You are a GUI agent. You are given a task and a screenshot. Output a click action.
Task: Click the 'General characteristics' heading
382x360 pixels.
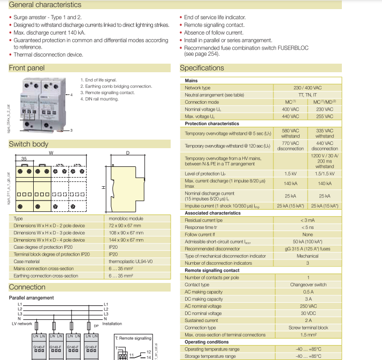click(x=45, y=5)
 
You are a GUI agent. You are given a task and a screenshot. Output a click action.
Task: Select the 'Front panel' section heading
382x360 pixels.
click(x=27, y=68)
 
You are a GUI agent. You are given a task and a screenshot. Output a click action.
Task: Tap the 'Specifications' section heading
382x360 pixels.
click(x=202, y=68)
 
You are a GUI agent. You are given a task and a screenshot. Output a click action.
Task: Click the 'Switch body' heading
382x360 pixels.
click(x=28, y=144)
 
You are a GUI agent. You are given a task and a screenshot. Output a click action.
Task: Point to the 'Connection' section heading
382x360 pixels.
click(x=27, y=287)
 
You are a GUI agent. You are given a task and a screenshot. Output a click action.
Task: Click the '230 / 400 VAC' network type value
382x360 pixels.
click(x=308, y=88)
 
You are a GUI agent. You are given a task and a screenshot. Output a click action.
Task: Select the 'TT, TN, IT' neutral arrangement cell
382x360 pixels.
click(x=308, y=95)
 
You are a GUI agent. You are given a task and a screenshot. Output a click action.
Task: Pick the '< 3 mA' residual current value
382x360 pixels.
click(x=307, y=220)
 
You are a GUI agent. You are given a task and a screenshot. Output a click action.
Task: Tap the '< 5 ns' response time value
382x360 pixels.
click(x=307, y=227)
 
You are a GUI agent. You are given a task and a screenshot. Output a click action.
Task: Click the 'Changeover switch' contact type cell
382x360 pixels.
click(x=308, y=285)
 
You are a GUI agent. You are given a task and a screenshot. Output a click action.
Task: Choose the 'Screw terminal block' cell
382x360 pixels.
click(x=308, y=327)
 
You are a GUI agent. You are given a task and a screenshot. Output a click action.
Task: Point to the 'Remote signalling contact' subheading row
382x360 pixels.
click(x=212, y=270)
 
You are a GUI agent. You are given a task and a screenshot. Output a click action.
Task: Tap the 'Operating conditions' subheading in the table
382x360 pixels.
click(x=207, y=342)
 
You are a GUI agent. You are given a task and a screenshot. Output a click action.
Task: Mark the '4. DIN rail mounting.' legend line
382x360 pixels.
click(x=100, y=99)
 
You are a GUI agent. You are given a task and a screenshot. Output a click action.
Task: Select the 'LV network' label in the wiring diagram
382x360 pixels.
click(x=21, y=324)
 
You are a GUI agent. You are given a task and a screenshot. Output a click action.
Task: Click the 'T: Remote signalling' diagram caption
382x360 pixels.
click(x=134, y=339)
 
